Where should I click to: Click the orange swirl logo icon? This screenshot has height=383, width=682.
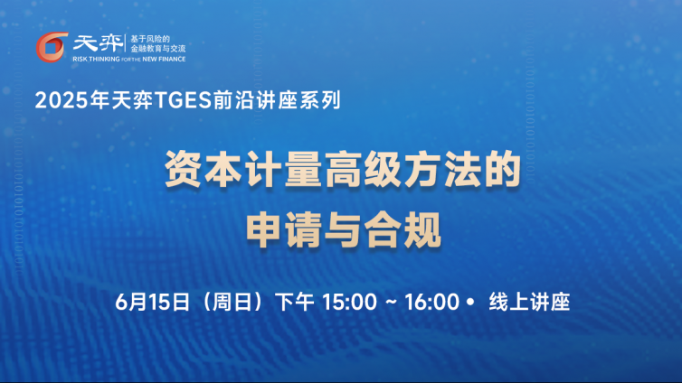pyautogui.click(x=52, y=47)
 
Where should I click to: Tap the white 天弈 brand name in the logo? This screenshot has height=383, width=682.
pyautogui.click(x=98, y=43)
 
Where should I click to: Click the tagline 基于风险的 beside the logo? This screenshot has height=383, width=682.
pyautogui.click(x=150, y=39)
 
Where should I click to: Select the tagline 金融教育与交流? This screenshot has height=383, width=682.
pyautogui.click(x=158, y=49)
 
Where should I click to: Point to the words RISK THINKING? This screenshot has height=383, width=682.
pyautogui.click(x=96, y=59)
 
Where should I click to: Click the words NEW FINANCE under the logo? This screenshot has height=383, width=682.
pyautogui.click(x=164, y=59)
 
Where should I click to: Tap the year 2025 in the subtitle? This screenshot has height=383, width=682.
pyautogui.click(x=62, y=100)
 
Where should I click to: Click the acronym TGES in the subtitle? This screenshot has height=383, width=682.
pyautogui.click(x=183, y=100)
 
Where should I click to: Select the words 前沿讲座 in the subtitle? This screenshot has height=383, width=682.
pyautogui.click(x=255, y=100)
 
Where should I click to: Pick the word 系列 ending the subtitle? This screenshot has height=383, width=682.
pyautogui.click(x=319, y=100)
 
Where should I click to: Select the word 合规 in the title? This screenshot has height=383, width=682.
pyautogui.click(x=403, y=229)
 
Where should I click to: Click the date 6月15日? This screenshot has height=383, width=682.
pyautogui.click(x=153, y=302)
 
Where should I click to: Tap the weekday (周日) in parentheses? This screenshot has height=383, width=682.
pyautogui.click(x=232, y=302)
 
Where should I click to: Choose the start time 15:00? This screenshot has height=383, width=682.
pyautogui.click(x=349, y=302)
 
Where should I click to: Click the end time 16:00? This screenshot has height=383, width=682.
pyautogui.click(x=432, y=302)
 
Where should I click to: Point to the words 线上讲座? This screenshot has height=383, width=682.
pyautogui.click(x=529, y=302)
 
